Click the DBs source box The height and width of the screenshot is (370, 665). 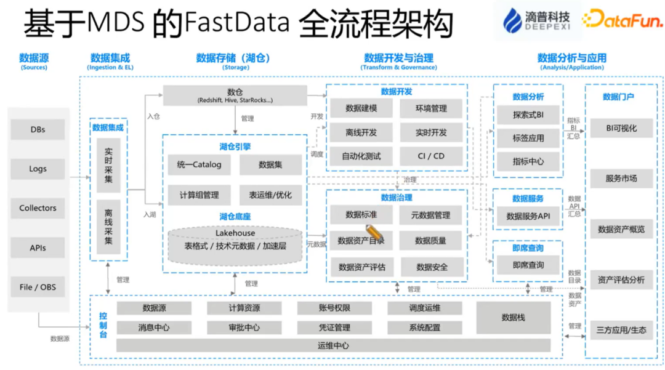38,130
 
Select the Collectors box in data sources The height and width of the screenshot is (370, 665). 38,208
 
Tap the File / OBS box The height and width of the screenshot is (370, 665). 38,287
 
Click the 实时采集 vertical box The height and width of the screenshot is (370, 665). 108,165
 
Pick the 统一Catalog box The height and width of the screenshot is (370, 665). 199,164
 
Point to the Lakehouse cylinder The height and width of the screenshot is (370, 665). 235,245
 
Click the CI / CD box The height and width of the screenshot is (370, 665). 431,156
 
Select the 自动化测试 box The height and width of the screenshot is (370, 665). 361,156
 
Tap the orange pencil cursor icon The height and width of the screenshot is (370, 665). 374,234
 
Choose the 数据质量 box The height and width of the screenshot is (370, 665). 430,241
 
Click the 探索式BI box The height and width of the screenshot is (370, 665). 528,115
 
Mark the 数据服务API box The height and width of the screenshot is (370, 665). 528,216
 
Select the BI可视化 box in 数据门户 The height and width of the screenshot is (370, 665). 621,129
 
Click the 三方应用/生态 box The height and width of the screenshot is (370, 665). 621,330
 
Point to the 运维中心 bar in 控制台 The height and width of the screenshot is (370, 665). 333,345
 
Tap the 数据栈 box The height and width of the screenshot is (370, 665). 513,318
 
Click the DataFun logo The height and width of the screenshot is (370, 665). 623,20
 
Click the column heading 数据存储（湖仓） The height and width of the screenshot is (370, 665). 233,58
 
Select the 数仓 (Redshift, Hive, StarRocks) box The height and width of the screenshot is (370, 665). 235,95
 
